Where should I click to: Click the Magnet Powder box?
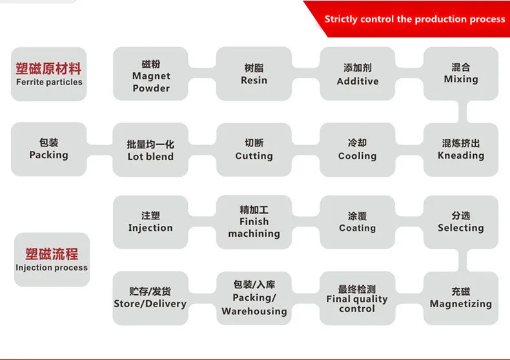[x=150, y=74]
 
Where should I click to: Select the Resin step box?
[x=254, y=74]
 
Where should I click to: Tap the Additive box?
[x=357, y=74]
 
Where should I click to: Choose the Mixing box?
[x=460, y=74]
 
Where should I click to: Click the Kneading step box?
[x=460, y=149]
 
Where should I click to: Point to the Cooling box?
[x=357, y=149]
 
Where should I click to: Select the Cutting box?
[x=254, y=149]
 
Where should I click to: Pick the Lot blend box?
[x=150, y=149]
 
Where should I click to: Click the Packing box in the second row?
[x=48, y=149]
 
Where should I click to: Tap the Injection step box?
[x=150, y=222]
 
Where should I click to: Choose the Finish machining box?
[x=254, y=222]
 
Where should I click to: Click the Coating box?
[x=357, y=222]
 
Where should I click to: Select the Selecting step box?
[x=460, y=222]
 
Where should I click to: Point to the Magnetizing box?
[x=460, y=297]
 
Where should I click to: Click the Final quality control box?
[x=357, y=297]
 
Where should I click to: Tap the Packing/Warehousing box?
[x=254, y=297]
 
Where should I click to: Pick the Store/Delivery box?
[x=150, y=297]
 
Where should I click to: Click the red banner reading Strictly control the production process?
[x=413, y=19]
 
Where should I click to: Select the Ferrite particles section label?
[x=48, y=74]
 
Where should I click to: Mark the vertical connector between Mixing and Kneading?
[x=461, y=112]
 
